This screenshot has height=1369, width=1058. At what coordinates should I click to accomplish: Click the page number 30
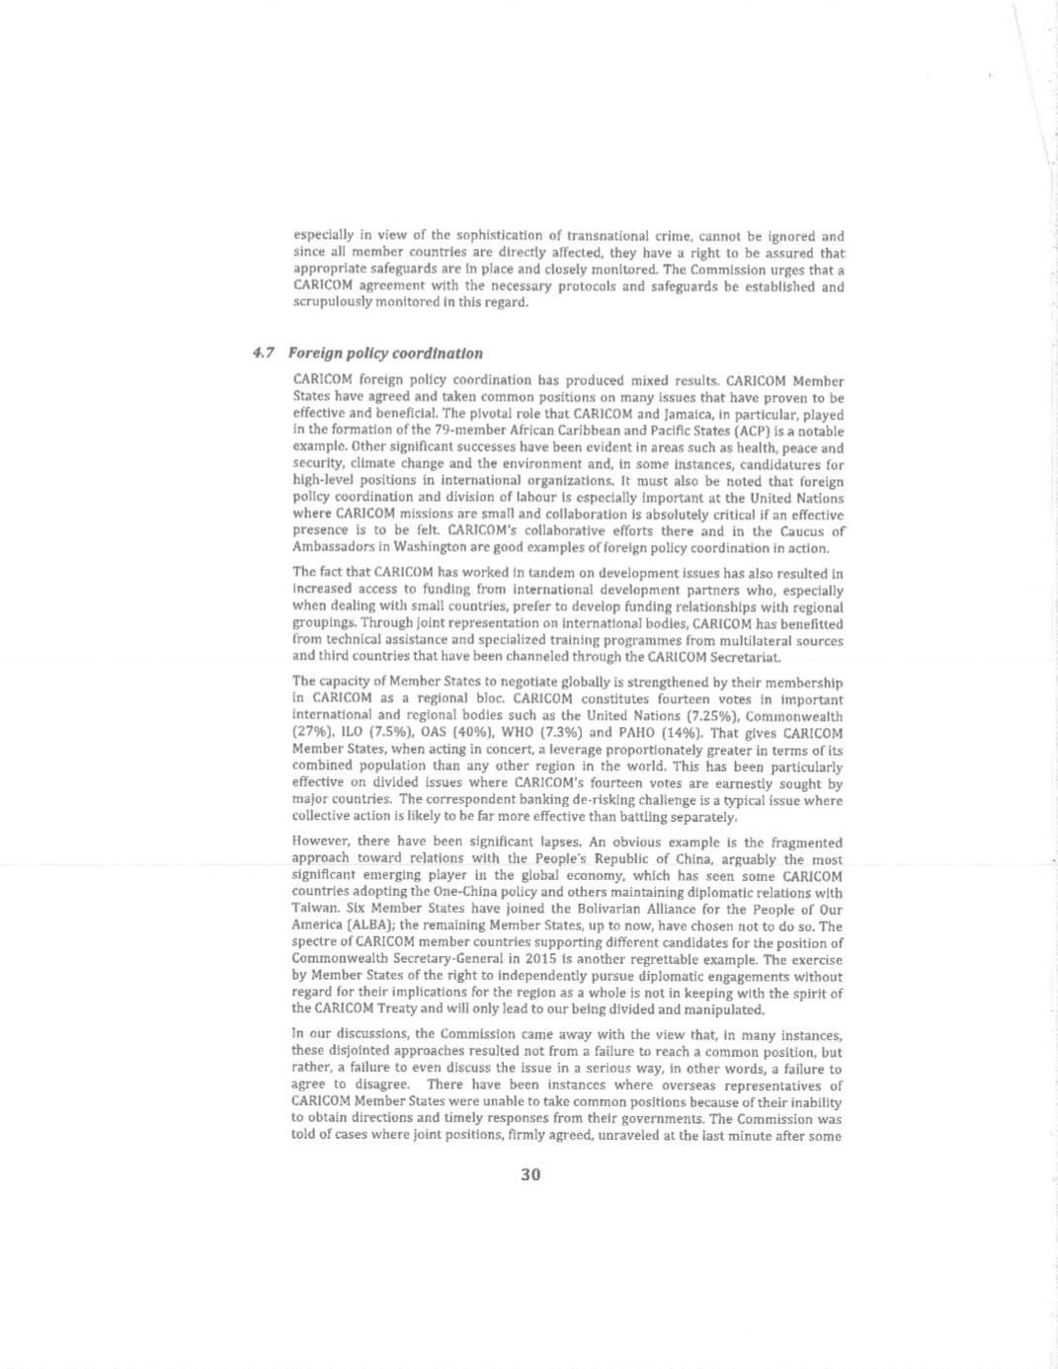click(530, 1174)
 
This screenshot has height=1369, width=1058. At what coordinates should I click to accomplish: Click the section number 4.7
click(264, 354)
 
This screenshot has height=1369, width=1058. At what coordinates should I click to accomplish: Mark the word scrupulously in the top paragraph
click(332, 303)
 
